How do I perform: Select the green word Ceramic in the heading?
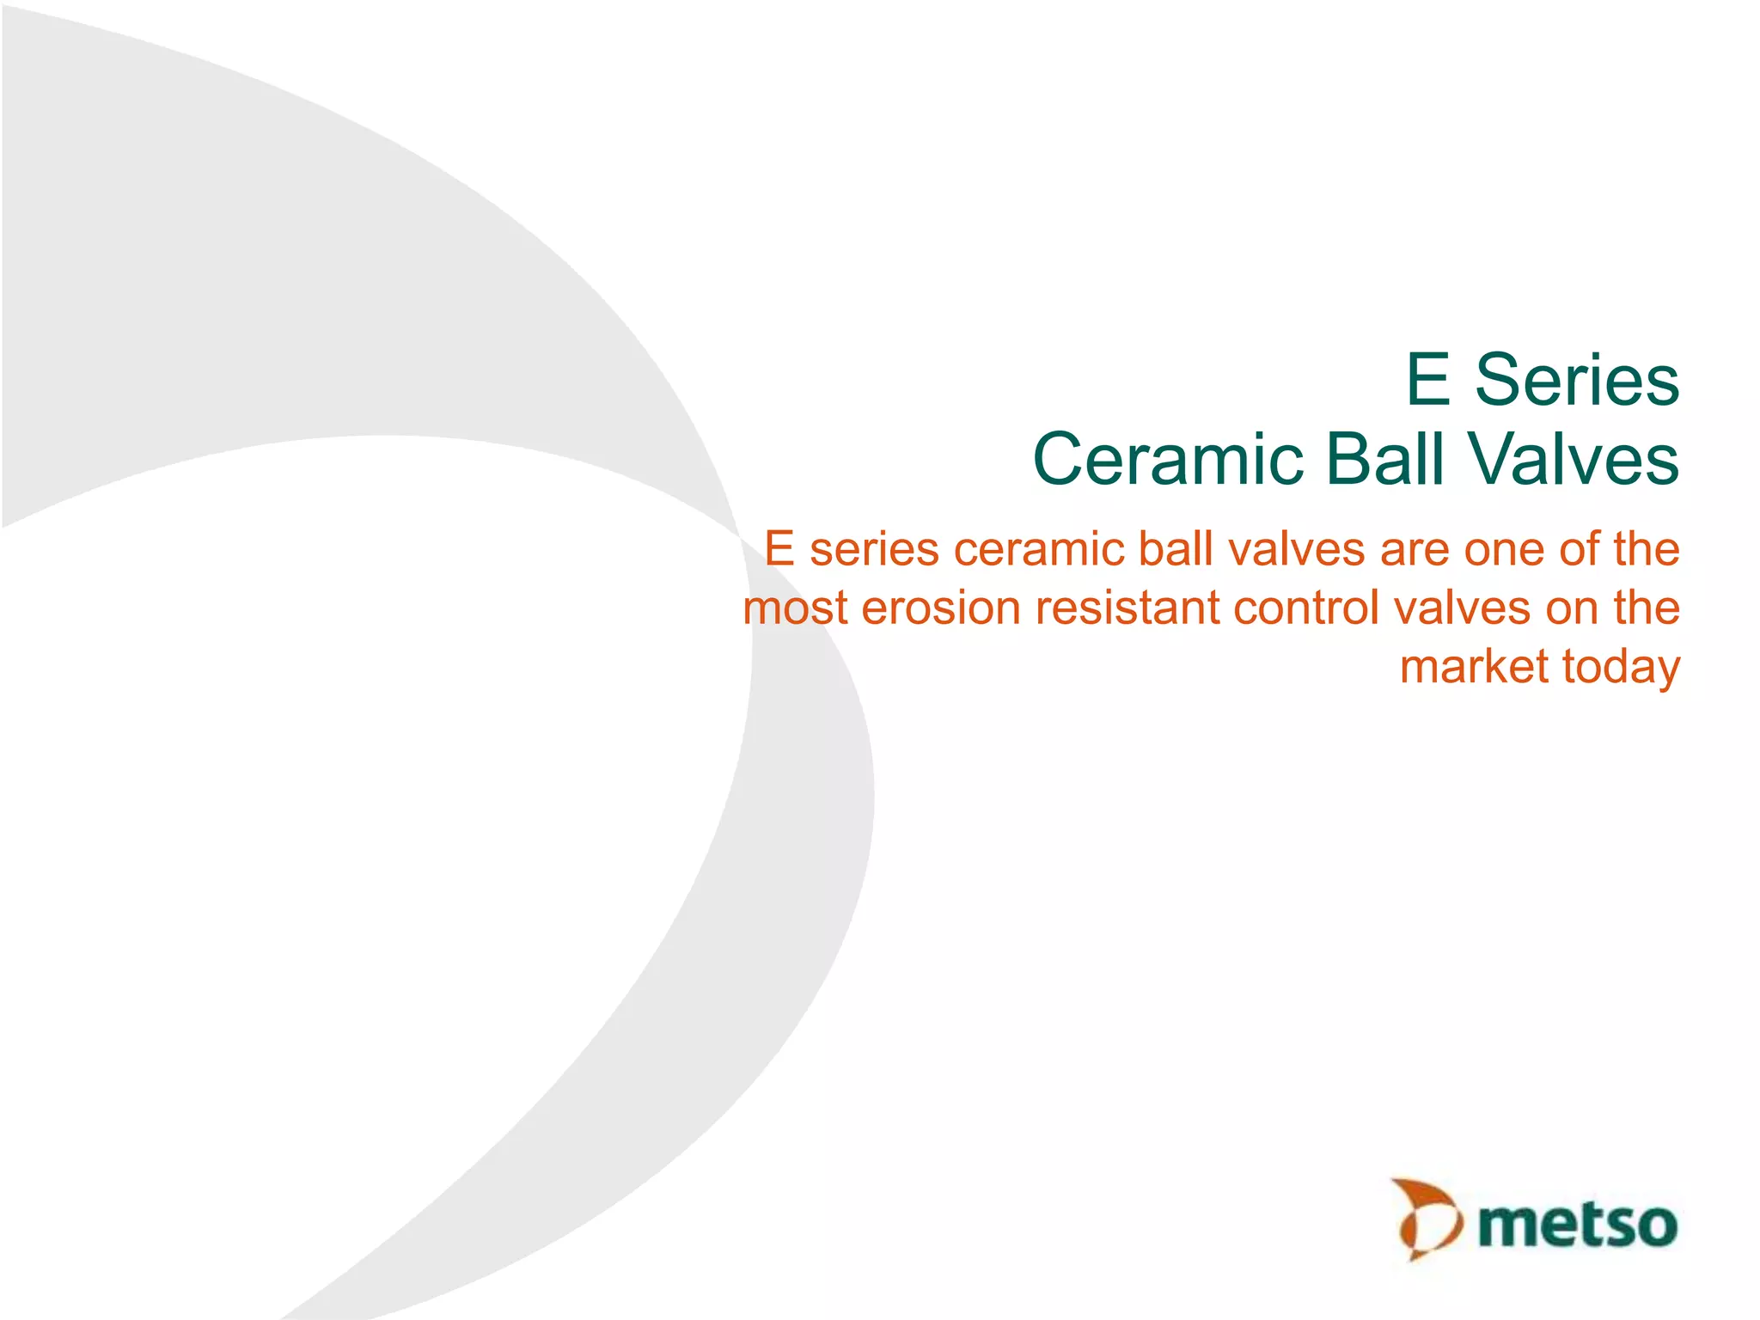(1169, 459)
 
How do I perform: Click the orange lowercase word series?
(874, 550)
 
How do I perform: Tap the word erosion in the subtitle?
(941, 608)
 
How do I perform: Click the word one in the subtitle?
(1505, 550)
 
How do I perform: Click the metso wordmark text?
(1578, 1225)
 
